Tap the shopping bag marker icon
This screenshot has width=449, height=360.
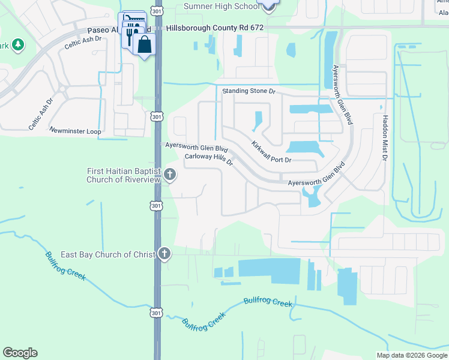tap(145, 44)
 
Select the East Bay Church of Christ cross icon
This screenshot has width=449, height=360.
tap(164, 254)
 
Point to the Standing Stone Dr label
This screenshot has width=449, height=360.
tap(249, 91)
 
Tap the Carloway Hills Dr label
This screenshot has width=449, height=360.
tap(208, 160)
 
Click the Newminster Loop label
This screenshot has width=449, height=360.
tap(75, 130)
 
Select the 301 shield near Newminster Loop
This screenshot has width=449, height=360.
tap(157, 116)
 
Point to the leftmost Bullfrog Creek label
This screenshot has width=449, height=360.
tap(65, 265)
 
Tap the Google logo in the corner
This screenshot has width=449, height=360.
tap(20, 353)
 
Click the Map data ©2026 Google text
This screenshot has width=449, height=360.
tap(411, 355)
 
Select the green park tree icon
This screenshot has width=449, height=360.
tap(18, 44)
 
